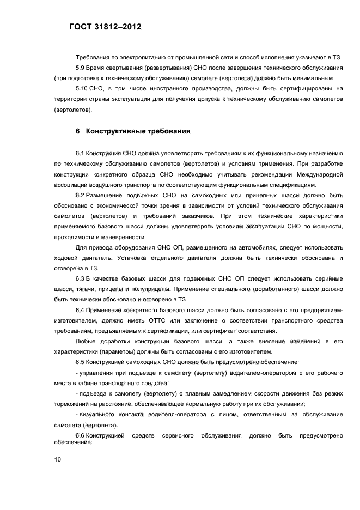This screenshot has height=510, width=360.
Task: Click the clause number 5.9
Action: [x=80, y=68]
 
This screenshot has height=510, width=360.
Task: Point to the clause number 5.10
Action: [x=82, y=88]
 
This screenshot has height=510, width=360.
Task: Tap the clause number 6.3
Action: [x=80, y=278]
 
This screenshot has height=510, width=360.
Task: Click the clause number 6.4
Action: [x=80, y=310]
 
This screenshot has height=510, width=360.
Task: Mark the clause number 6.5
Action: [x=80, y=362]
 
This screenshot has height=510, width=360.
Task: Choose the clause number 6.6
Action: [x=80, y=435]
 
